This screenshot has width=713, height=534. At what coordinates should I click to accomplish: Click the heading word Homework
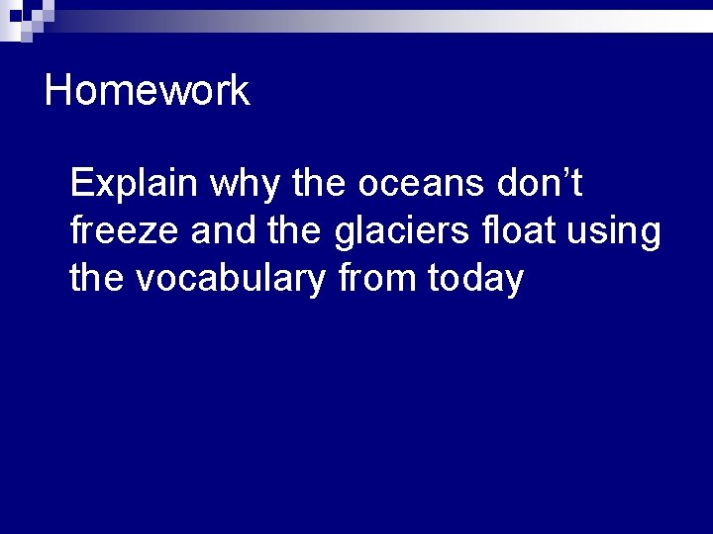click(x=147, y=91)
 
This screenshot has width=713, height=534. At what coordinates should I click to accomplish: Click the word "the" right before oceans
click(x=321, y=183)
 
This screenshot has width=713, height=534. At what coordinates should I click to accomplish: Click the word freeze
click(x=125, y=231)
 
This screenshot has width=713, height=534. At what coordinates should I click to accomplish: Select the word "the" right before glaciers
click(x=294, y=230)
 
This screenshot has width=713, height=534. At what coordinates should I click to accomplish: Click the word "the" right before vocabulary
click(x=97, y=278)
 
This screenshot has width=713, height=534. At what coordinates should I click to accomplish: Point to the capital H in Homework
click(x=58, y=91)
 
